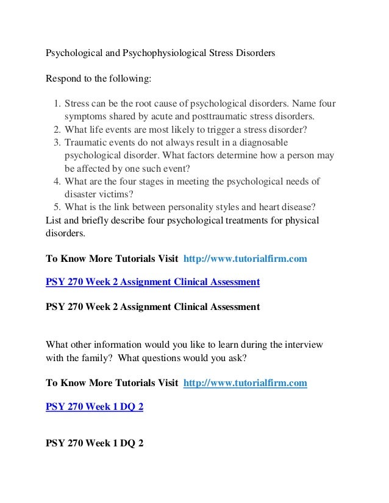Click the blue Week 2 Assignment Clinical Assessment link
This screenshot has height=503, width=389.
[153, 282]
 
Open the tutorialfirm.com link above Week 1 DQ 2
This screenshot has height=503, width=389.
[245, 383]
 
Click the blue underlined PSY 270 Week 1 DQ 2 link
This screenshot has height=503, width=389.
[95, 406]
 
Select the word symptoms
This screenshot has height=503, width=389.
[85, 117]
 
